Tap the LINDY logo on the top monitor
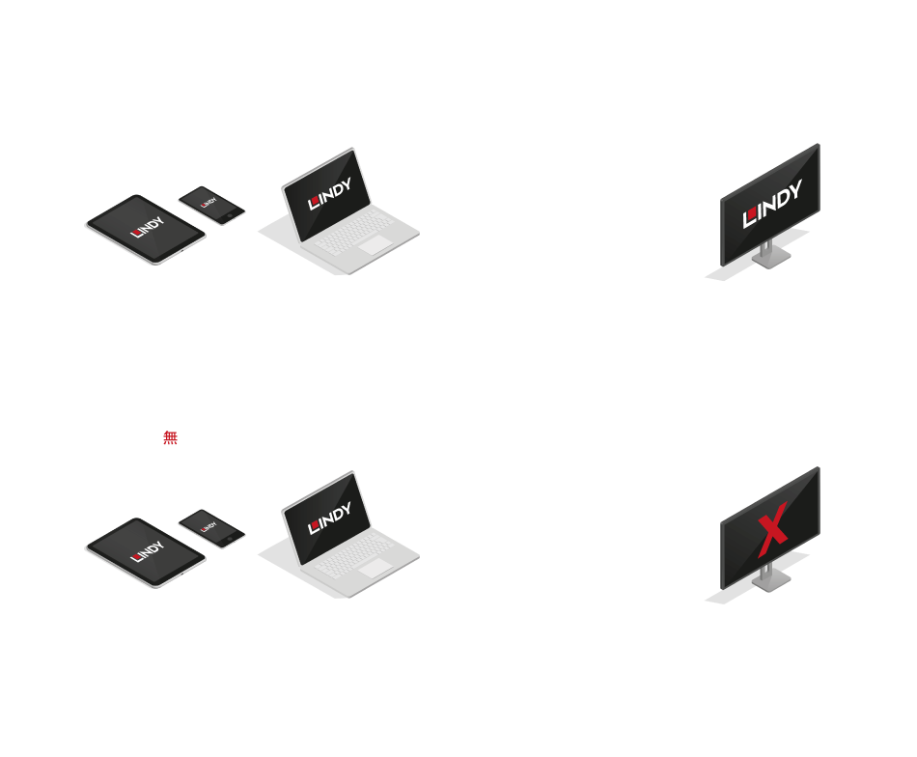pos(772,204)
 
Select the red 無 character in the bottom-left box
pos(170,437)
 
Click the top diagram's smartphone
pos(211,205)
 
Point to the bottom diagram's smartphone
pos(211,528)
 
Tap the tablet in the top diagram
pos(146,231)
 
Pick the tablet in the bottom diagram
pos(146,554)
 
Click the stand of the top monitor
pos(767,256)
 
